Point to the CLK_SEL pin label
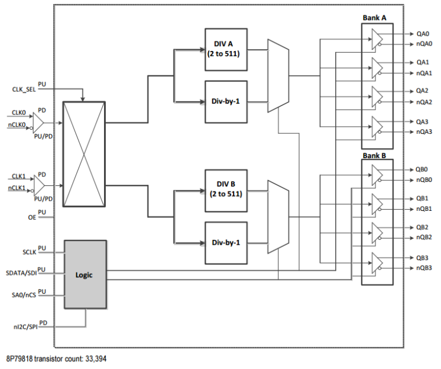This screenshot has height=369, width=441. (24, 89)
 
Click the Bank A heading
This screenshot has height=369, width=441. (375, 18)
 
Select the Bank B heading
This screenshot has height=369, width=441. (375, 156)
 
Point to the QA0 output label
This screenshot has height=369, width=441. (422, 34)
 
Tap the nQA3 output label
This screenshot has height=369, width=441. (424, 131)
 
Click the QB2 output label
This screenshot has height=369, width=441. (422, 227)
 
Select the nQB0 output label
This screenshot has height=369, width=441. (424, 179)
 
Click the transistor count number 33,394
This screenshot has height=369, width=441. (93, 359)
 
